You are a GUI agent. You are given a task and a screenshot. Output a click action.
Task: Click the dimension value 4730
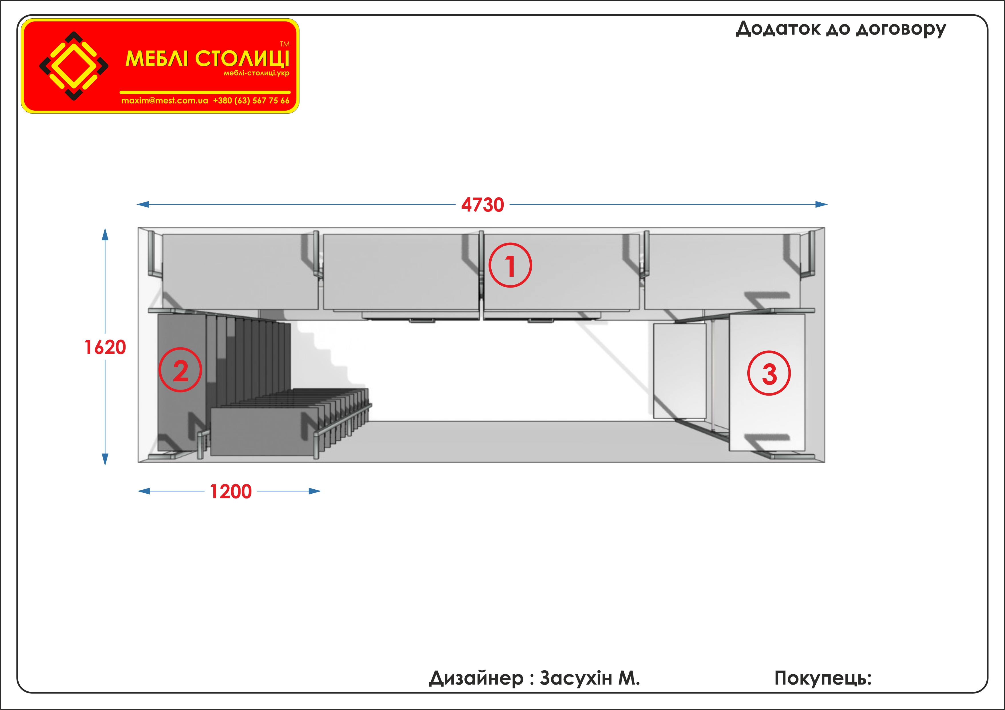(482, 205)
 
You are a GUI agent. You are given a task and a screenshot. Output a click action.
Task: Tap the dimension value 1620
(105, 347)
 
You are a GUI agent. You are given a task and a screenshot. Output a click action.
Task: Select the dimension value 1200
(231, 492)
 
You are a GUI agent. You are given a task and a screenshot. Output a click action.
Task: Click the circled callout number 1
(511, 265)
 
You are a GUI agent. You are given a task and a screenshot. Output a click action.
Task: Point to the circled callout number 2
(180, 370)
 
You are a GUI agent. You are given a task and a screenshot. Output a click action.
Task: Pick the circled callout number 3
(769, 373)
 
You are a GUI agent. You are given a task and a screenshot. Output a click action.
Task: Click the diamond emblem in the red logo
(74, 66)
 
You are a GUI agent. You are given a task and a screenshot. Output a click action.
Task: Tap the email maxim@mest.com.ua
(164, 101)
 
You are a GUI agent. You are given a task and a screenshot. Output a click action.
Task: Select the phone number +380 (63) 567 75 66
(251, 101)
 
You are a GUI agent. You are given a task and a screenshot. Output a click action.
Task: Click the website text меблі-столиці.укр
(257, 73)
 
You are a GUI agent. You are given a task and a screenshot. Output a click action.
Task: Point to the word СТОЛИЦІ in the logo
(243, 59)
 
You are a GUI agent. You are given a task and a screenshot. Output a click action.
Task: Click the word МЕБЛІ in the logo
(157, 59)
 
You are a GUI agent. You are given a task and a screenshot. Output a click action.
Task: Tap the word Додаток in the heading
(778, 29)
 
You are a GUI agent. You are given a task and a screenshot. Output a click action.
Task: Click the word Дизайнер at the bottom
(476, 679)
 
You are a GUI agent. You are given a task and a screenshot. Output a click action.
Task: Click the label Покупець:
(823, 679)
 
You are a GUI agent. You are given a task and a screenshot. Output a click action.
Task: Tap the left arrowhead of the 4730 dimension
(143, 204)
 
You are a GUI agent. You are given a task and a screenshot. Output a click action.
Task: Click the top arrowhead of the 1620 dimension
(105, 234)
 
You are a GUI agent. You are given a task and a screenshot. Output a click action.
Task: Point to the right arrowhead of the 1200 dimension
(315, 491)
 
